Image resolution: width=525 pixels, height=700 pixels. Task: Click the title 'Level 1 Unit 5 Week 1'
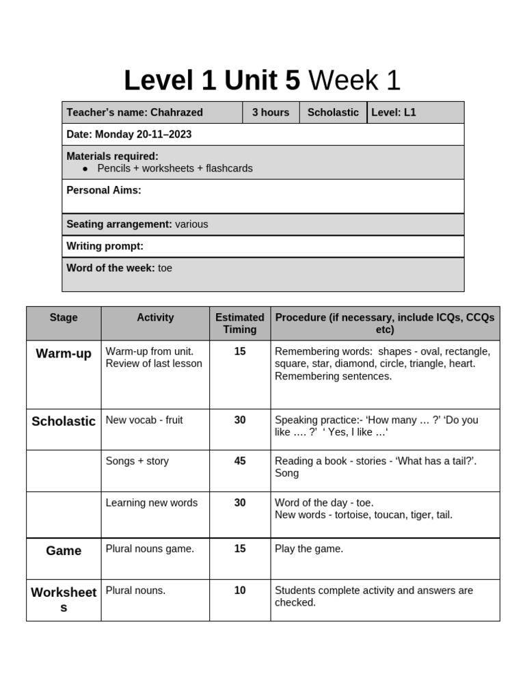(262, 81)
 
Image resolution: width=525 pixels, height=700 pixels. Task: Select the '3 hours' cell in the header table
(271, 112)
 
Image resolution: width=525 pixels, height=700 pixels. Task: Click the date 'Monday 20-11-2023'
(143, 134)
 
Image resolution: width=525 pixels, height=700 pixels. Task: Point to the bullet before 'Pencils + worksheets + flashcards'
(85, 169)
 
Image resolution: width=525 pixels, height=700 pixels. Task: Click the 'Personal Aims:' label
(103, 190)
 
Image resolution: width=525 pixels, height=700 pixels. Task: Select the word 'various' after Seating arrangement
(191, 224)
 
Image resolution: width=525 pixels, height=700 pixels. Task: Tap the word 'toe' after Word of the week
(165, 268)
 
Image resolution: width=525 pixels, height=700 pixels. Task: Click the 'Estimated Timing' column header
(239, 323)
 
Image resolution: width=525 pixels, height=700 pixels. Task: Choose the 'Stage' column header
(64, 317)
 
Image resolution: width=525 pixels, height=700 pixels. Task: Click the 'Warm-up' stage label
(64, 353)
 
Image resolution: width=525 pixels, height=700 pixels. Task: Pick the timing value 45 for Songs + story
(240, 461)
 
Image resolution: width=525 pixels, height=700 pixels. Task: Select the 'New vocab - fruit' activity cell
(144, 420)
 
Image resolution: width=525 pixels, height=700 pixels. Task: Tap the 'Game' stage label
(64, 550)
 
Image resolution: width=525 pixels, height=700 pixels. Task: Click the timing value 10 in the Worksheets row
(240, 590)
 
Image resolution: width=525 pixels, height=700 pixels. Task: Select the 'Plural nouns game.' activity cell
(150, 548)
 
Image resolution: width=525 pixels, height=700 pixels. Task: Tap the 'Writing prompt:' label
(105, 246)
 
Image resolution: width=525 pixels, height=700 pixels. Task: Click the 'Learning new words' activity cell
(151, 502)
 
